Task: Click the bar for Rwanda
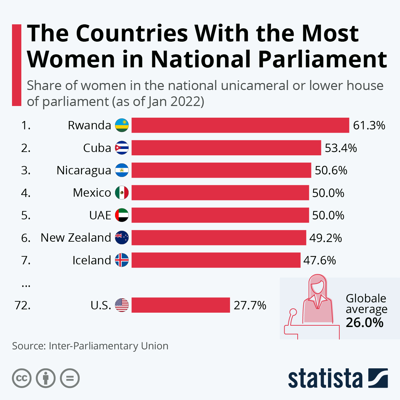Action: click(x=240, y=125)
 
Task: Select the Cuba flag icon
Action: click(x=122, y=148)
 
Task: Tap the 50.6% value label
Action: click(x=331, y=171)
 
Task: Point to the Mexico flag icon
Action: click(x=122, y=193)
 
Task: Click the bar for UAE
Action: click(x=220, y=215)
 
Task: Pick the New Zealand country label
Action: click(x=76, y=238)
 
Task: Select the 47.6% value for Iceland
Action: click(x=319, y=260)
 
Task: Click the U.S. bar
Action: click(x=181, y=305)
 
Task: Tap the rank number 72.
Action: click(x=22, y=305)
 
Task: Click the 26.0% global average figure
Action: click(x=364, y=323)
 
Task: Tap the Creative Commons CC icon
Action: click(x=22, y=378)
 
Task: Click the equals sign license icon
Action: click(x=70, y=378)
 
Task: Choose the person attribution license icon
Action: click(x=46, y=378)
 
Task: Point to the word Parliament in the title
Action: click(x=322, y=59)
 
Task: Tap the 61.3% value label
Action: click(x=369, y=125)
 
